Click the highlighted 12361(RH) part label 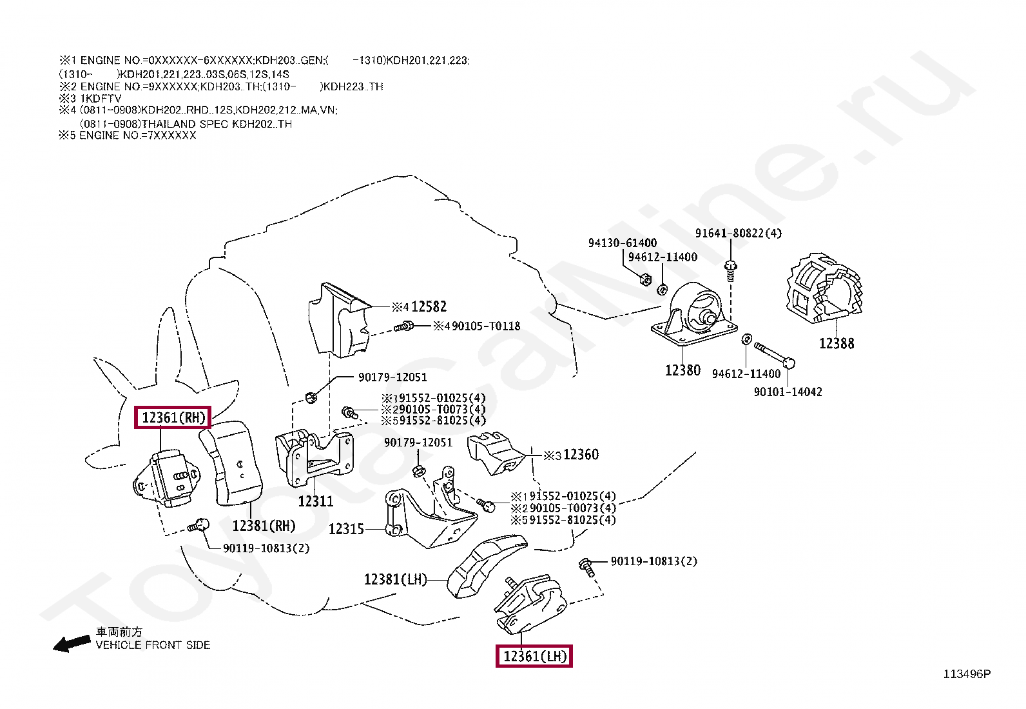(x=173, y=418)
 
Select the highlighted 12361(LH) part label (x=534, y=657)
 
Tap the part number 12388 (x=836, y=344)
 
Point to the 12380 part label (x=682, y=370)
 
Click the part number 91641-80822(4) (x=738, y=234)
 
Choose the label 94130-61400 (x=622, y=243)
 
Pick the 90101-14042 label (x=788, y=392)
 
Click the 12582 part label (x=429, y=307)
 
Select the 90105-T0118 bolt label (x=485, y=326)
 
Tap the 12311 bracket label (x=316, y=501)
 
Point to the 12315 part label (x=346, y=530)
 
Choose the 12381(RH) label (x=264, y=526)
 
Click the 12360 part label (x=581, y=455)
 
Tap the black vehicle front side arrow (x=72, y=643)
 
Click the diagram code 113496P (x=967, y=674)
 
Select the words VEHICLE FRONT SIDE (x=153, y=645)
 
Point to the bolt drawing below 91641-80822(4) (x=730, y=270)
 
